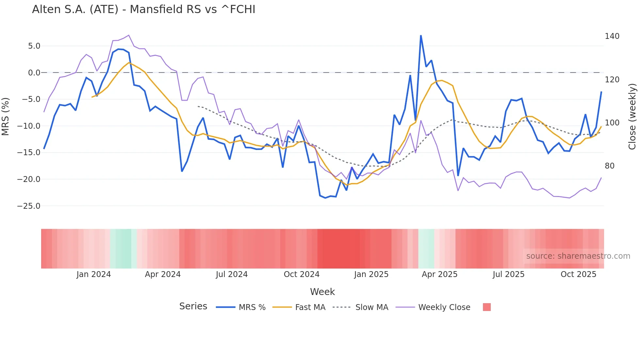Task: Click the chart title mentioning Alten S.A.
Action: tap(144, 9)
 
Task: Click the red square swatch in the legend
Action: tap(487, 307)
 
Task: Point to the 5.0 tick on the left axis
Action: tap(34, 46)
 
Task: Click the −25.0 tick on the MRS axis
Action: tap(29, 206)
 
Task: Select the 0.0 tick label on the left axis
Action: tap(34, 73)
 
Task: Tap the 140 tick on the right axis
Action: tap(612, 36)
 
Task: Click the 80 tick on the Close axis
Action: tap(609, 166)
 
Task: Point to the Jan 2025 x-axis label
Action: tap(371, 274)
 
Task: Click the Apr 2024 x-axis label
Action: tap(163, 274)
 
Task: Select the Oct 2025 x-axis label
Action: tap(578, 274)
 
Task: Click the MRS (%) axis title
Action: tap(6, 116)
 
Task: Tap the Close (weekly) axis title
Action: tap(632, 116)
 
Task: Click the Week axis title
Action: tap(322, 292)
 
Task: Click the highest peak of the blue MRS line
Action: tap(421, 36)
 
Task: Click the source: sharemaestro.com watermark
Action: tap(578, 256)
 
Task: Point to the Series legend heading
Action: tap(193, 306)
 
